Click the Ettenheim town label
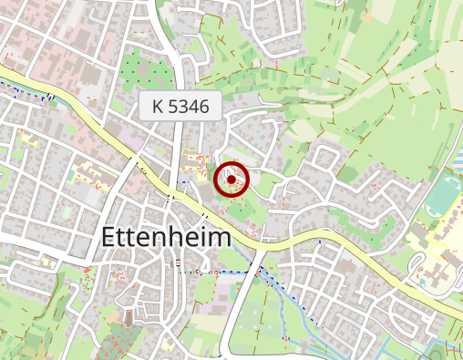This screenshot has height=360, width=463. coord(165,237)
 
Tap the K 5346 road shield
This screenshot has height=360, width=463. coord(181,106)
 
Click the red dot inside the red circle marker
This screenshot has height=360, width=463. coord(231,180)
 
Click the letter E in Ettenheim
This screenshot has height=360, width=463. coord(108,237)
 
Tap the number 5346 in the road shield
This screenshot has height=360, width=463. coord(190,106)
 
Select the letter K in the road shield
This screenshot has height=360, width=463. coord(159,106)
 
